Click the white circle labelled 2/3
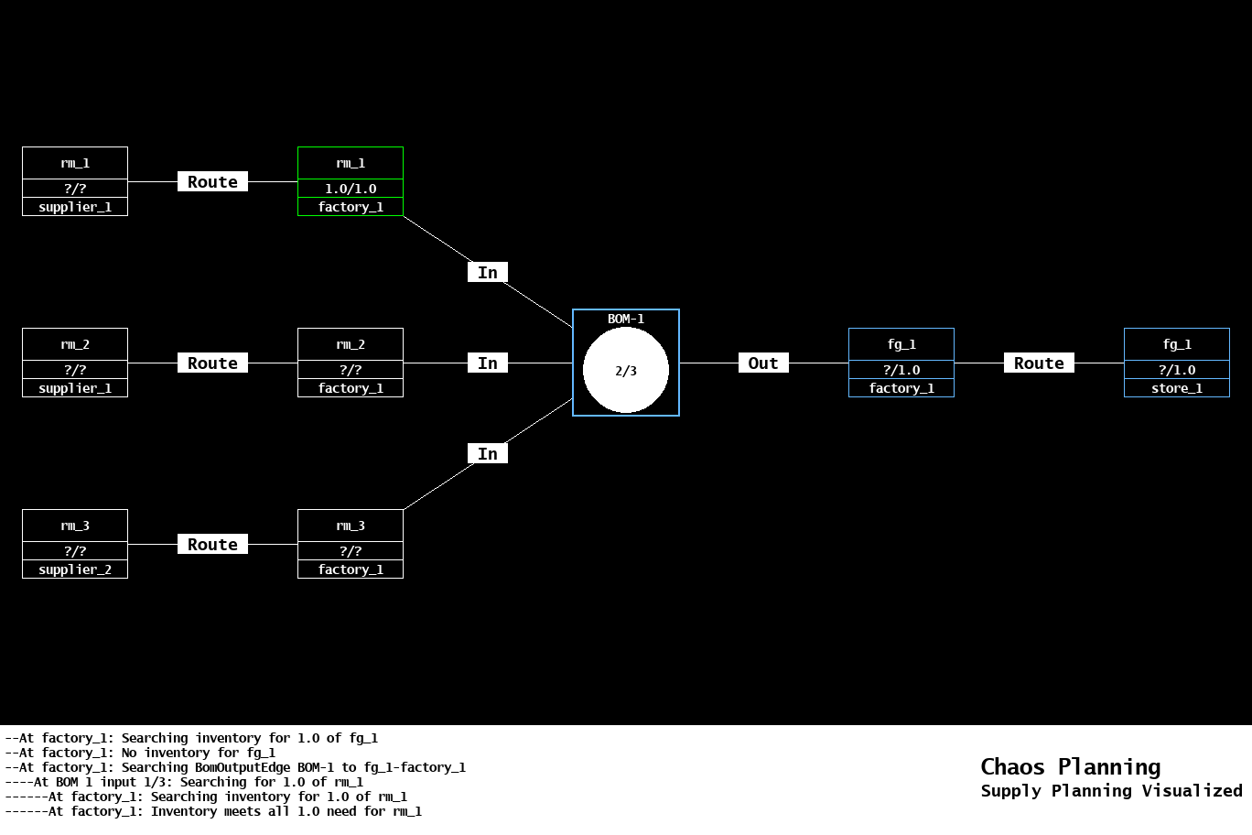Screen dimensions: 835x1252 pos(626,371)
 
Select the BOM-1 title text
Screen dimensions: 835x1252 pos(626,319)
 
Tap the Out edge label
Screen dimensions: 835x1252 pos(763,363)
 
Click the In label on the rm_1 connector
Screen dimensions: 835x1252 pos(488,273)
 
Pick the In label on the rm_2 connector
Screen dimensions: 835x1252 pos(488,363)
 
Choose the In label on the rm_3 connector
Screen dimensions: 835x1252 pos(488,454)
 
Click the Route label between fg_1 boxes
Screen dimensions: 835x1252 pos(1039,363)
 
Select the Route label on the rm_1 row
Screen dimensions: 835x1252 pos(212,182)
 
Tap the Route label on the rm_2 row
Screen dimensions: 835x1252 pos(212,363)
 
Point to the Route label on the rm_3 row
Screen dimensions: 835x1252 pos(212,545)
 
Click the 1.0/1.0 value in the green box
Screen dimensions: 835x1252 pos(351,189)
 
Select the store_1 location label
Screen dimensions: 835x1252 pos(1176,388)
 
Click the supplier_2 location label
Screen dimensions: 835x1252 pos(75,569)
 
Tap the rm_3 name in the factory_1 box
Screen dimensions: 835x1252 pos(351,526)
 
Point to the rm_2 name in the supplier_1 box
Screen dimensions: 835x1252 pos(75,344)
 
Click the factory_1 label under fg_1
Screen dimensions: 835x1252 pos(901,388)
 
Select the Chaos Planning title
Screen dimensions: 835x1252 pos(1070,767)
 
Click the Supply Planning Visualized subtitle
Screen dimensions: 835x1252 pos(1111,791)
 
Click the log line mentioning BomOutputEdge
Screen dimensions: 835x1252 pos(235,767)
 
